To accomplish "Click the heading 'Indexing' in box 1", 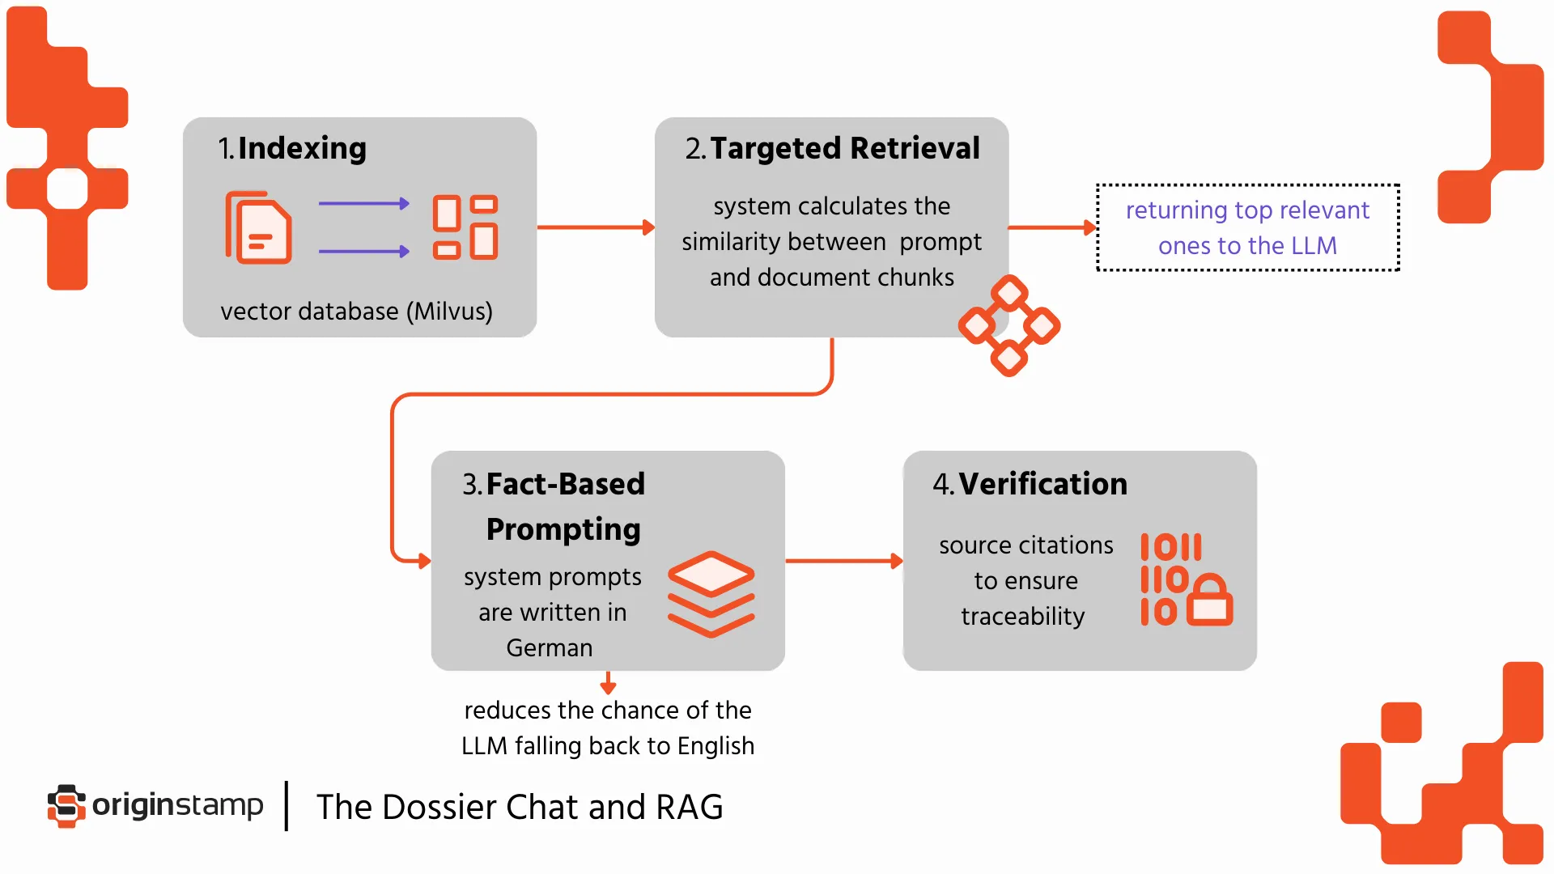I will click(x=302, y=148).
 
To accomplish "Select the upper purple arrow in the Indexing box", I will click(x=363, y=204).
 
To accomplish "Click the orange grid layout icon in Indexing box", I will click(x=465, y=227).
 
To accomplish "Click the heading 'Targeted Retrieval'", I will click(x=844, y=148).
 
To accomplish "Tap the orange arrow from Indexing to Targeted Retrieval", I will click(x=595, y=227).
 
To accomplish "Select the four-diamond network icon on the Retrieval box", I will click(x=1009, y=325).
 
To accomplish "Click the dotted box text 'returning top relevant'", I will click(x=1247, y=210).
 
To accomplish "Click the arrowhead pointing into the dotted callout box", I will click(x=1089, y=227).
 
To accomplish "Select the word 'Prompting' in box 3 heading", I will click(x=563, y=529).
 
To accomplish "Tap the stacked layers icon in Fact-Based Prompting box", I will click(x=711, y=594).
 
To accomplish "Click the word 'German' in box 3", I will click(x=550, y=648).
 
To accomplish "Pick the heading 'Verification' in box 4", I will click(x=1042, y=484).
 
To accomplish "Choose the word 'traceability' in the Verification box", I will click(x=1022, y=617).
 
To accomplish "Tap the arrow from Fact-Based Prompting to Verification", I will click(x=842, y=560).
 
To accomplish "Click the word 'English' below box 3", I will click(x=715, y=746).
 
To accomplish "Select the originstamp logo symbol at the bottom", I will click(x=66, y=805).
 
